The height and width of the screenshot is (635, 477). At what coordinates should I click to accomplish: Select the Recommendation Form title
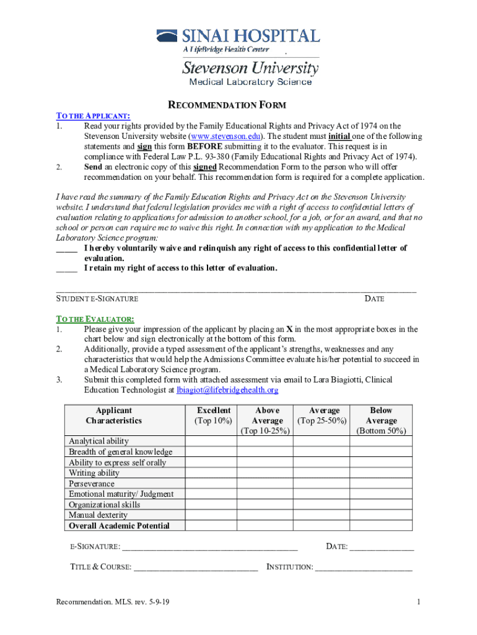coord(228,105)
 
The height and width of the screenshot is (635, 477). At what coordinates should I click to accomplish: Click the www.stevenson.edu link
coord(225,136)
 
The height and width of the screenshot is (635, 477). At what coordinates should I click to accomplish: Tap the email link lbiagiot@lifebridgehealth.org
coord(227,390)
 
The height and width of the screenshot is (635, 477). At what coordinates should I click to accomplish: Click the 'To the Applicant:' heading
coord(93,116)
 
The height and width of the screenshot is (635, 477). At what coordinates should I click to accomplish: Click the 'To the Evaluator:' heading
coord(95,319)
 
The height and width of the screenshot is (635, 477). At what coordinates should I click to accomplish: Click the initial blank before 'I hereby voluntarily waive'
coord(66,249)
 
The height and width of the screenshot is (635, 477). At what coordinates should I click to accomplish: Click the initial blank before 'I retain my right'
coord(66,269)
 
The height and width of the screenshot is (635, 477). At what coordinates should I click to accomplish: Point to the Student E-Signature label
coord(97,299)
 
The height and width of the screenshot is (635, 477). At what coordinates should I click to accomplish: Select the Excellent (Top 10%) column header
coord(214,415)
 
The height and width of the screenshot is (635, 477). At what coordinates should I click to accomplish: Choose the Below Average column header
coord(381,420)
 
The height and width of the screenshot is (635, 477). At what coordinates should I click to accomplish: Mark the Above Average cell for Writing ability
coord(267,473)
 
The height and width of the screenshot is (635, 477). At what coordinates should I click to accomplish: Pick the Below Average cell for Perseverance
coord(381,484)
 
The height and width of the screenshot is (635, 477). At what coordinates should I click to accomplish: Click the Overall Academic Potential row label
coord(119,526)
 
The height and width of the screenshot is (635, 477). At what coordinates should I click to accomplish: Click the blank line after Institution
coord(364,567)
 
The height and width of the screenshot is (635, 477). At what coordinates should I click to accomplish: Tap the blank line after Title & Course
coord(195,567)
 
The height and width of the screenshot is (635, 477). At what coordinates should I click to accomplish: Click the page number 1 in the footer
coord(419,602)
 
